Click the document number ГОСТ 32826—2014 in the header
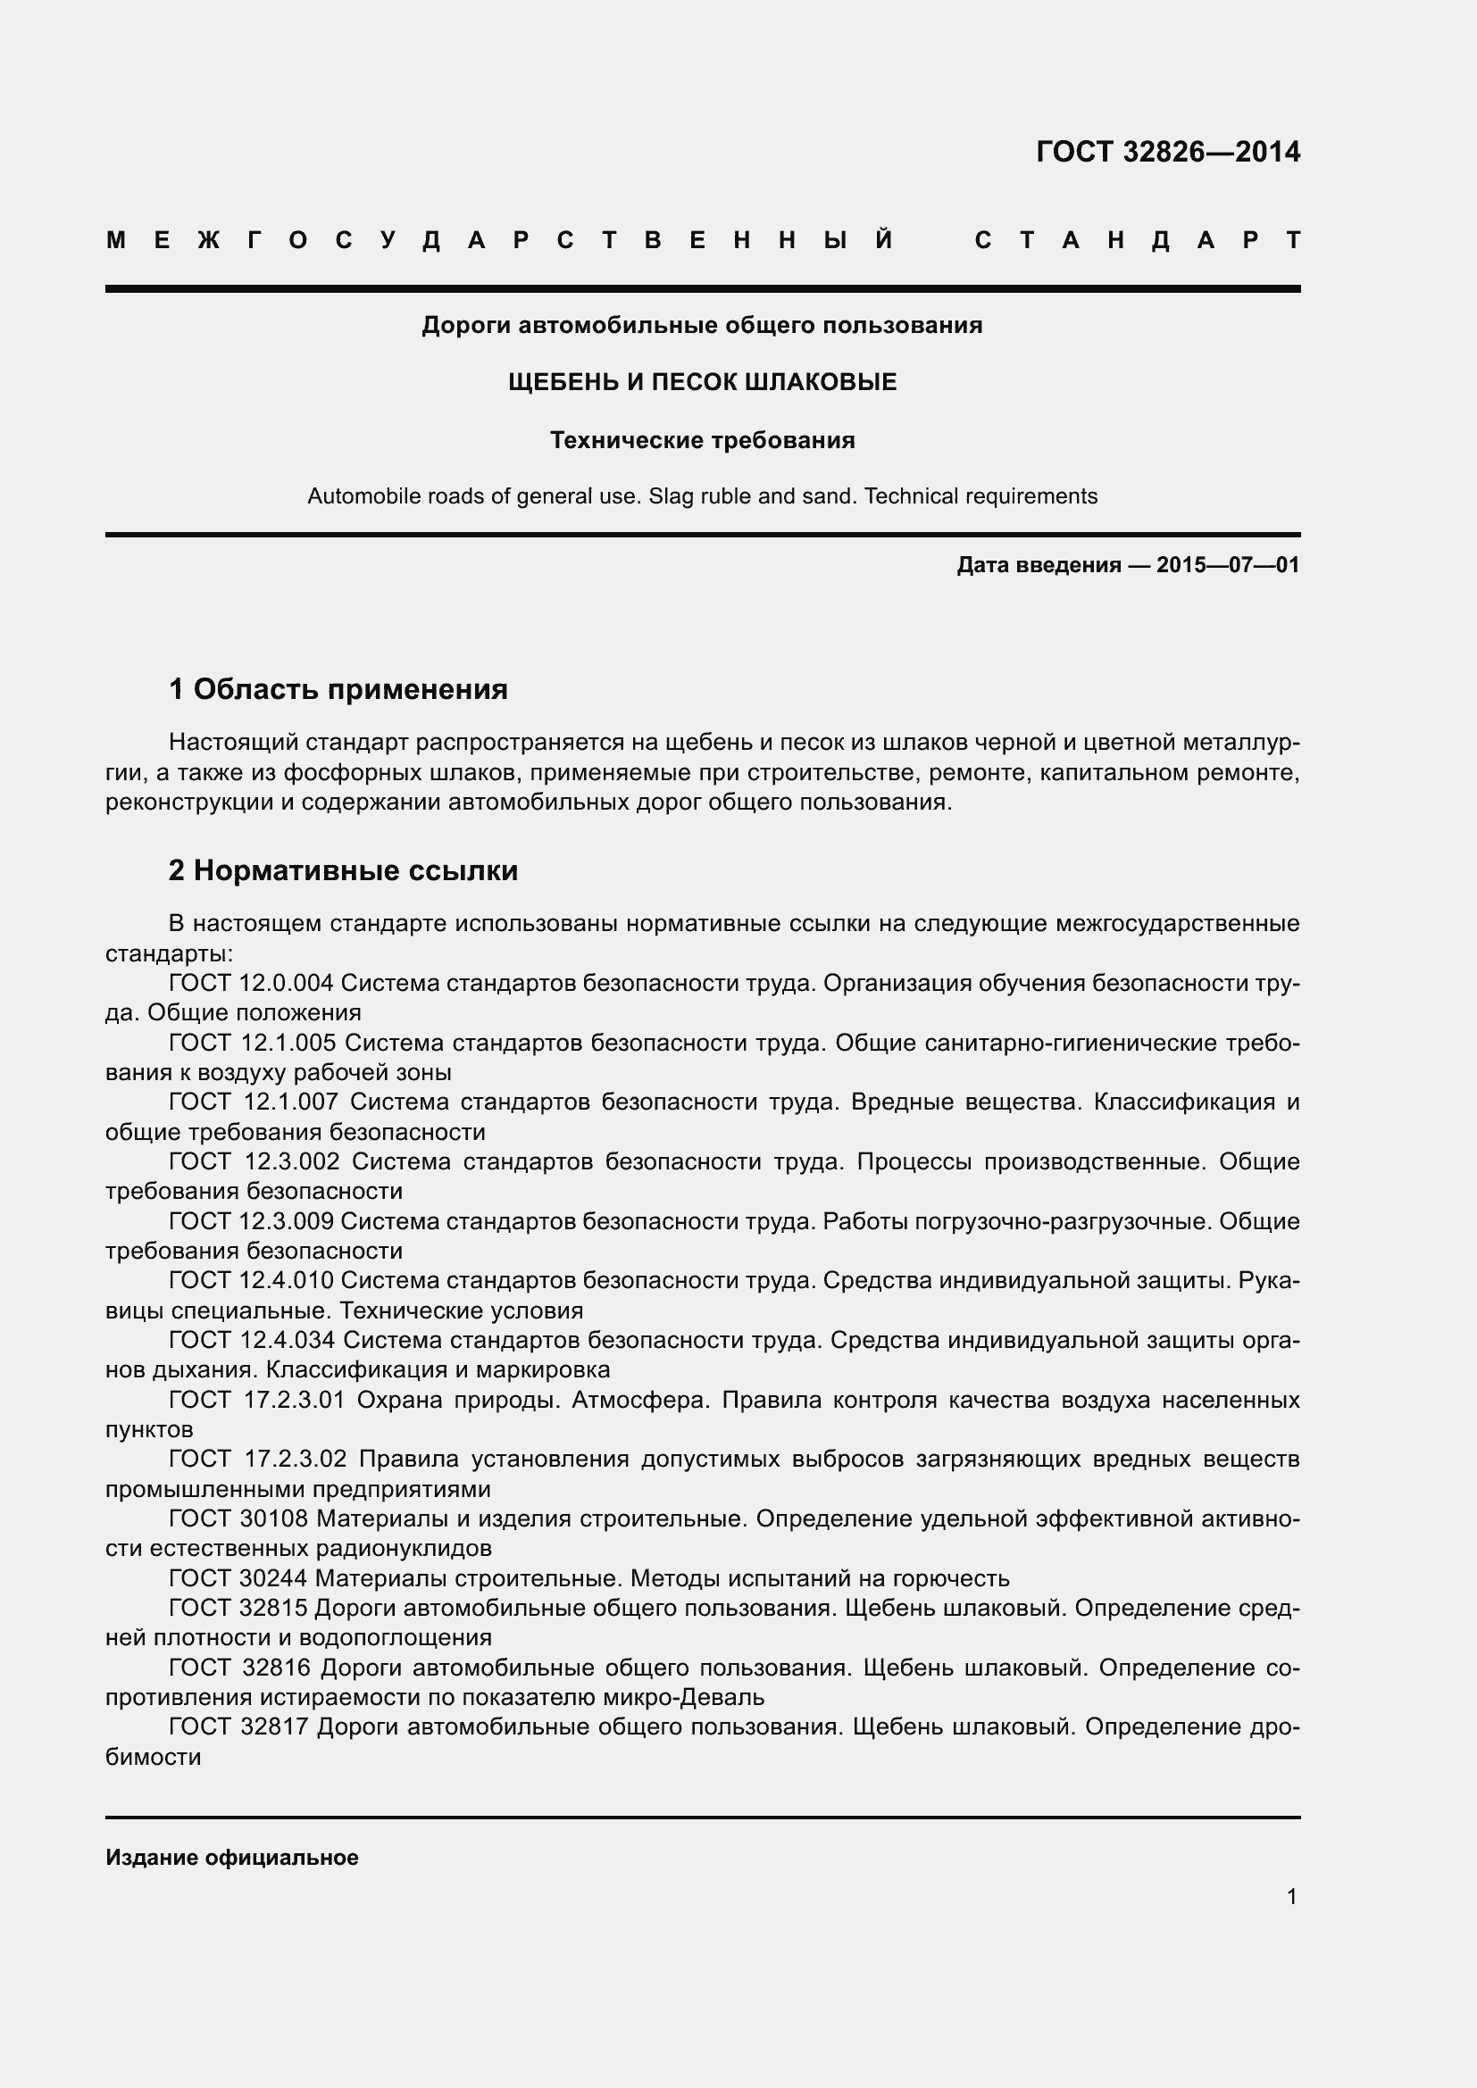click(1168, 152)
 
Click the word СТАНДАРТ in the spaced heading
click(1137, 241)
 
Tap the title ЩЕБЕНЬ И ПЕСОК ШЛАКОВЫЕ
click(702, 383)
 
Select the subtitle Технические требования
click(702, 441)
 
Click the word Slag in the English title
click(670, 496)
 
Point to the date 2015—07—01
click(1228, 566)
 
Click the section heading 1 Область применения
click(338, 689)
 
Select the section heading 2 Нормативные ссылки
click(343, 870)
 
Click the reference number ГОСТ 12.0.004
click(252, 983)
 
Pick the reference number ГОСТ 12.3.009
click(252, 1221)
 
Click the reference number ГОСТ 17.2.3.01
click(257, 1400)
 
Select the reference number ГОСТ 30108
click(238, 1518)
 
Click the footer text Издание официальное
click(232, 1858)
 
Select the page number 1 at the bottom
click(1291, 1897)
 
